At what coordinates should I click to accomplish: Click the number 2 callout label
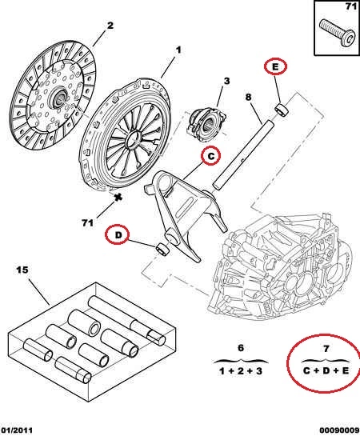[x=110, y=26]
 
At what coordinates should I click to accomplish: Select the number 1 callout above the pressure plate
[x=178, y=50]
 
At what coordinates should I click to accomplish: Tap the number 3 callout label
[x=227, y=81]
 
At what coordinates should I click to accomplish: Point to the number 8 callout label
[x=248, y=97]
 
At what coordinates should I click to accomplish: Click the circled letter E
[x=275, y=67]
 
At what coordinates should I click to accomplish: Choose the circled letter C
[x=211, y=156]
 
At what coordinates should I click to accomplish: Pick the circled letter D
[x=118, y=235]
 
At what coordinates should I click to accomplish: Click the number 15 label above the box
[x=22, y=270]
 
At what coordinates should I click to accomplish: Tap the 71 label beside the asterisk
[x=87, y=222]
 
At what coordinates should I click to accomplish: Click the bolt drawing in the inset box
[x=337, y=34]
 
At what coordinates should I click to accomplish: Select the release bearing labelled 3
[x=206, y=124]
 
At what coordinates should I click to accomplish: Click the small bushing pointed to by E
[x=282, y=109]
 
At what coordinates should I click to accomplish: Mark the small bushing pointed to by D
[x=163, y=249]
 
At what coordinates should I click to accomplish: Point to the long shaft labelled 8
[x=243, y=154]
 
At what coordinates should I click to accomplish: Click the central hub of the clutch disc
[x=58, y=98]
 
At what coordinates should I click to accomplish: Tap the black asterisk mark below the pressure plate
[x=118, y=197]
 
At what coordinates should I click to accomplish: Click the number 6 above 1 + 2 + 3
[x=241, y=348]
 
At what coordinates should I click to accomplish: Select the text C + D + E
[x=326, y=370]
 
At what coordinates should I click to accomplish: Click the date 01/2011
[x=16, y=430]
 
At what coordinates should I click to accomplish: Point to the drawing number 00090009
[x=339, y=430]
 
